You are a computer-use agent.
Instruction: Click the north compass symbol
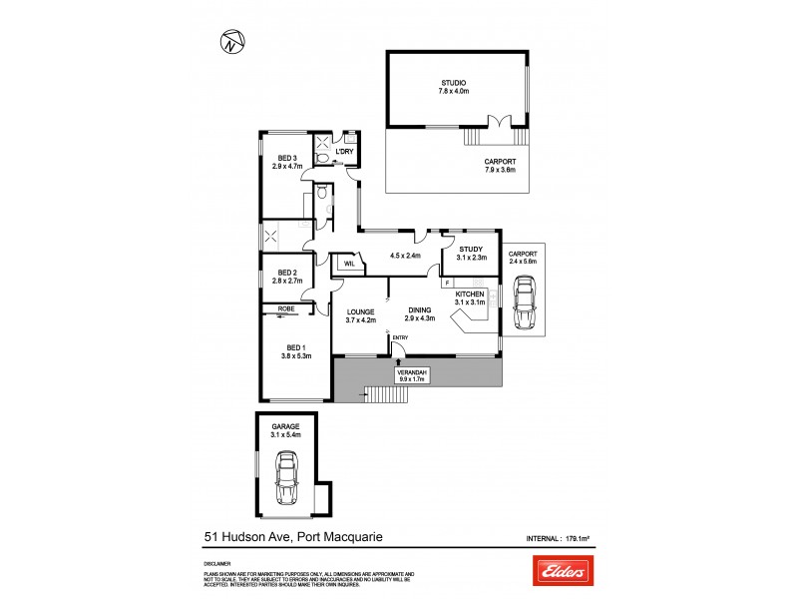coord(232,42)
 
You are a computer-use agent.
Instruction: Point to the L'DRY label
coord(346,152)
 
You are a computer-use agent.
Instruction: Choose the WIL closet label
coord(349,264)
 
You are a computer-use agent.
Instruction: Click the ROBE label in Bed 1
coord(285,309)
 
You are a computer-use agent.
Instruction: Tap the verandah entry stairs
coord(388,396)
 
